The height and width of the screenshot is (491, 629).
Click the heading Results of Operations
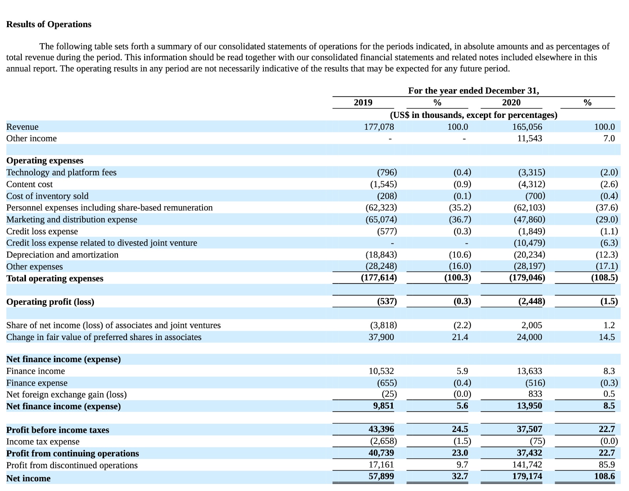pyautogui.click(x=49, y=24)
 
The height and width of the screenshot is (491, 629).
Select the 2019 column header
pyautogui.click(x=363, y=103)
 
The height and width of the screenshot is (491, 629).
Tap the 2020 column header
pyautogui.click(x=511, y=103)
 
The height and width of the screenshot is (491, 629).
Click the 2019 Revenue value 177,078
pyautogui.click(x=379, y=127)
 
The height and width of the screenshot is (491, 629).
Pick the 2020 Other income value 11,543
pyautogui.click(x=529, y=138)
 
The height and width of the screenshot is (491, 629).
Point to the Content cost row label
pyautogui.click(x=29, y=184)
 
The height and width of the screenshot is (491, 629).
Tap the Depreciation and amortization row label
pyautogui.click(x=62, y=255)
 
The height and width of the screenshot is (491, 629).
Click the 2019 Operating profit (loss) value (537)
pyautogui.click(x=387, y=302)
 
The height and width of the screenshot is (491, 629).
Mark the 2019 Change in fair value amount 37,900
pyautogui.click(x=381, y=337)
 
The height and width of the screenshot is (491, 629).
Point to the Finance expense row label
pyautogui.click(x=37, y=383)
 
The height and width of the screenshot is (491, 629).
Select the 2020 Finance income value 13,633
pyautogui.click(x=529, y=371)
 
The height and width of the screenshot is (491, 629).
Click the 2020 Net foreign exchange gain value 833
pyautogui.click(x=535, y=394)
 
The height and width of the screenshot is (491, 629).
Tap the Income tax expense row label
pyautogui.click(x=43, y=442)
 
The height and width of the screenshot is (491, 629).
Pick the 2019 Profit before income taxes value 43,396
pyautogui.click(x=381, y=429)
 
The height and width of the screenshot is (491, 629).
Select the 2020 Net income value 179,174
pyautogui.click(x=527, y=476)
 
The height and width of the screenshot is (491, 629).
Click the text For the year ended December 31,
pyautogui.click(x=473, y=91)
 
